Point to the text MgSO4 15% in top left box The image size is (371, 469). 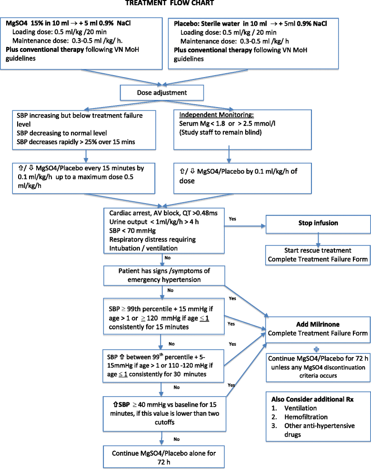click(28, 24)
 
